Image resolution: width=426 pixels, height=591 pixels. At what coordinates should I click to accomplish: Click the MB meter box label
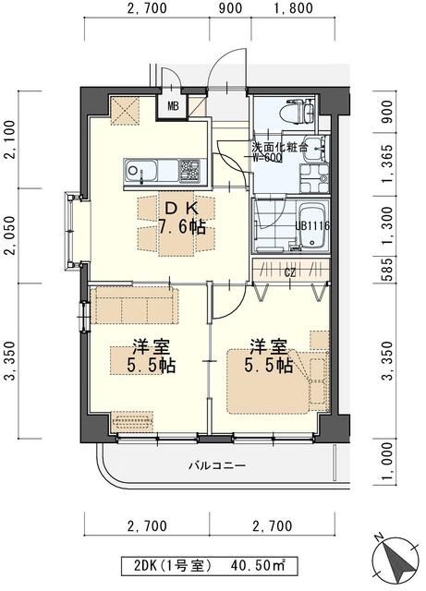point(173,106)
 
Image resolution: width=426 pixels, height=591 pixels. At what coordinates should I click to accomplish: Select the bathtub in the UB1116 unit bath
point(312,227)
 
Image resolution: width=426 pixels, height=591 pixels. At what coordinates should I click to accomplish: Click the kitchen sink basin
point(140,171)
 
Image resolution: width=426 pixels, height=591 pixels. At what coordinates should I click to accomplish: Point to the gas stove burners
point(189,171)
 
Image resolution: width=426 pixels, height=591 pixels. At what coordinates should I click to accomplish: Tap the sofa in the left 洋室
point(133,306)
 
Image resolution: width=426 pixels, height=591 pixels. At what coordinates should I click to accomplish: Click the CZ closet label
point(289,272)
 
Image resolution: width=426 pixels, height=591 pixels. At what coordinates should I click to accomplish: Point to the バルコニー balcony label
point(217,465)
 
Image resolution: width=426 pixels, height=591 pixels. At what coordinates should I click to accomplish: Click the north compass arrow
point(396,555)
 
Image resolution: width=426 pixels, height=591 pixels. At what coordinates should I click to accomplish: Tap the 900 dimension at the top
point(230,8)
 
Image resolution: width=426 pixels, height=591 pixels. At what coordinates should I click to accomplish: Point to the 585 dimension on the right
point(388,270)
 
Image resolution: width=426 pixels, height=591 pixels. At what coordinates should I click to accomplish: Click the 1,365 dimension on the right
point(388,163)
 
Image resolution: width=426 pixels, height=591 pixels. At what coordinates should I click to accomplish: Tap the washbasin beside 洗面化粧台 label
point(315,148)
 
